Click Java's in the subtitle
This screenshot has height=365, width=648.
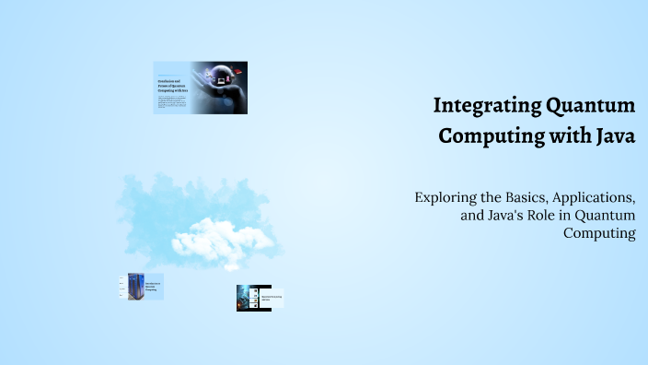coord(493,216)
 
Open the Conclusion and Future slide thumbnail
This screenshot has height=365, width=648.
coord(200,88)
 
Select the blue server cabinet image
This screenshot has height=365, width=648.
coord(135,286)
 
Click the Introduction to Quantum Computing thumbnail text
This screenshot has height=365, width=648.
coord(153,287)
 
